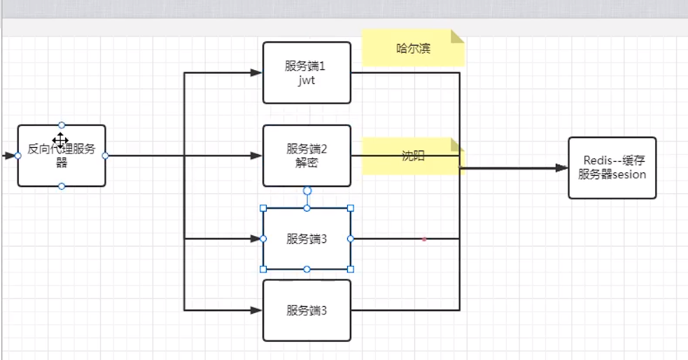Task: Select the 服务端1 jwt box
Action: pyautogui.click(x=307, y=73)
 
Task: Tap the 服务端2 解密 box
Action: pyautogui.click(x=307, y=155)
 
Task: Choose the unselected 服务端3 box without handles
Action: pyautogui.click(x=307, y=310)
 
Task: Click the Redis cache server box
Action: pyautogui.click(x=612, y=168)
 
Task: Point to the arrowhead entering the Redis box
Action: pyautogui.click(x=561, y=168)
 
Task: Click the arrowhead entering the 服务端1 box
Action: pyautogui.click(x=256, y=72)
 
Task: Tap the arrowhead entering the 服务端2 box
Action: pyautogui.click(x=256, y=155)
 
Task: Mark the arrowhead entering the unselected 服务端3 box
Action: pyautogui.click(x=256, y=310)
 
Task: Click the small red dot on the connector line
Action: pyautogui.click(x=424, y=239)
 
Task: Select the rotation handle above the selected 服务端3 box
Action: pyautogui.click(x=307, y=191)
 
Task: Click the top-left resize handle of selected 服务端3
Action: pyautogui.click(x=263, y=208)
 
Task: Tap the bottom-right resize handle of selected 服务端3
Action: pyautogui.click(x=351, y=269)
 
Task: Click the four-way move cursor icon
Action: pyautogui.click(x=60, y=140)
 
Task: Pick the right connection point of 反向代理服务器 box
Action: pyautogui.click(x=106, y=155)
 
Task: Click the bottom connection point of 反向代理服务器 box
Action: pyautogui.click(x=62, y=186)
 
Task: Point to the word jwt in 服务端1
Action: pyautogui.click(x=307, y=79)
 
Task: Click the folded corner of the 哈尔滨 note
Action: pyautogui.click(x=458, y=36)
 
